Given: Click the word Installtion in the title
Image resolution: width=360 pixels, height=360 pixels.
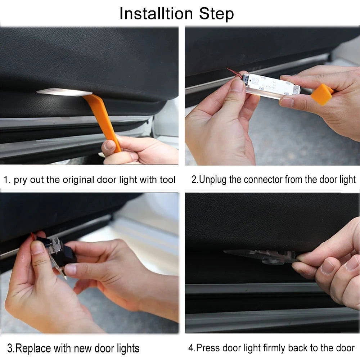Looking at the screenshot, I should [156, 14].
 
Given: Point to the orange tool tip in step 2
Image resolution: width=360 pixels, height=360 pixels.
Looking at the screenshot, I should [322, 94].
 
